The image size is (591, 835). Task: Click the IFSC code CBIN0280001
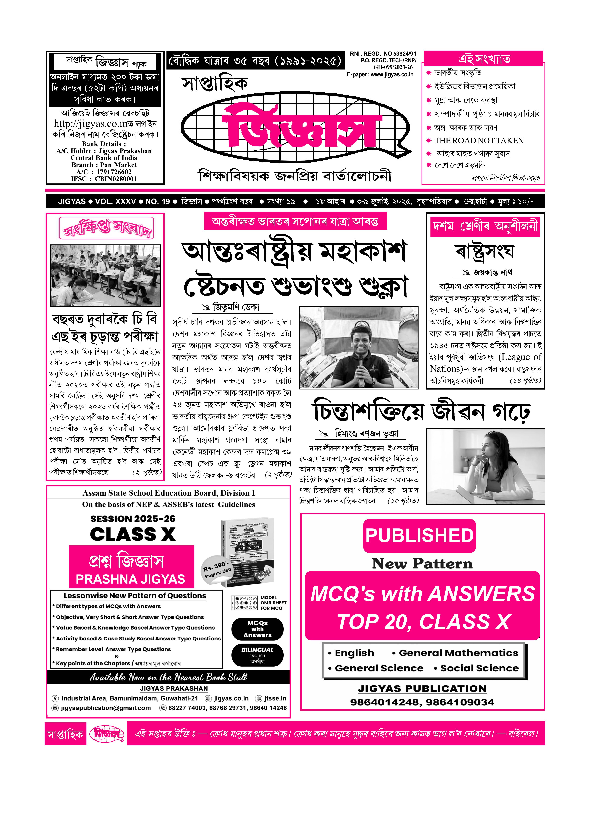[x=116, y=179]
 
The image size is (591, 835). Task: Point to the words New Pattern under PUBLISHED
[x=422, y=564]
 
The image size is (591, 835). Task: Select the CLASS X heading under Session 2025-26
[x=133, y=534]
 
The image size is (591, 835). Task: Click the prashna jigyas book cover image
[x=247, y=553]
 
